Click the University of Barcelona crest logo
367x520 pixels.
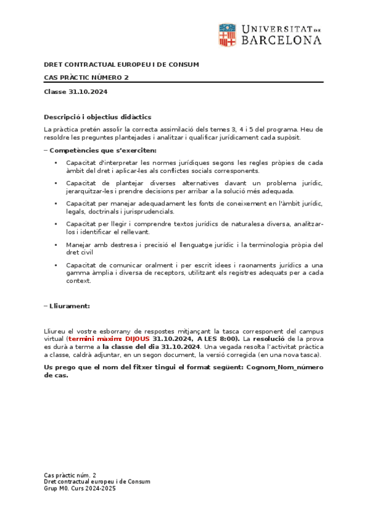(x=227, y=35)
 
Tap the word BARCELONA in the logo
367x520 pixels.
(x=281, y=40)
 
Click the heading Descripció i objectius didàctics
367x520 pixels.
(x=97, y=117)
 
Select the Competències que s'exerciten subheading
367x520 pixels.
(x=102, y=150)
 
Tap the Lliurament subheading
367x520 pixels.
(x=69, y=305)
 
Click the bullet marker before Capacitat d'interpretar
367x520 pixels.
(x=56, y=163)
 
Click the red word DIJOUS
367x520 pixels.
(x=137, y=338)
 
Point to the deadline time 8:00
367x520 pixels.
(x=228, y=338)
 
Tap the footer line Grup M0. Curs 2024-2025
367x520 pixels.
(x=80, y=489)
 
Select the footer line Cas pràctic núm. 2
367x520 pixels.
(x=70, y=475)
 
